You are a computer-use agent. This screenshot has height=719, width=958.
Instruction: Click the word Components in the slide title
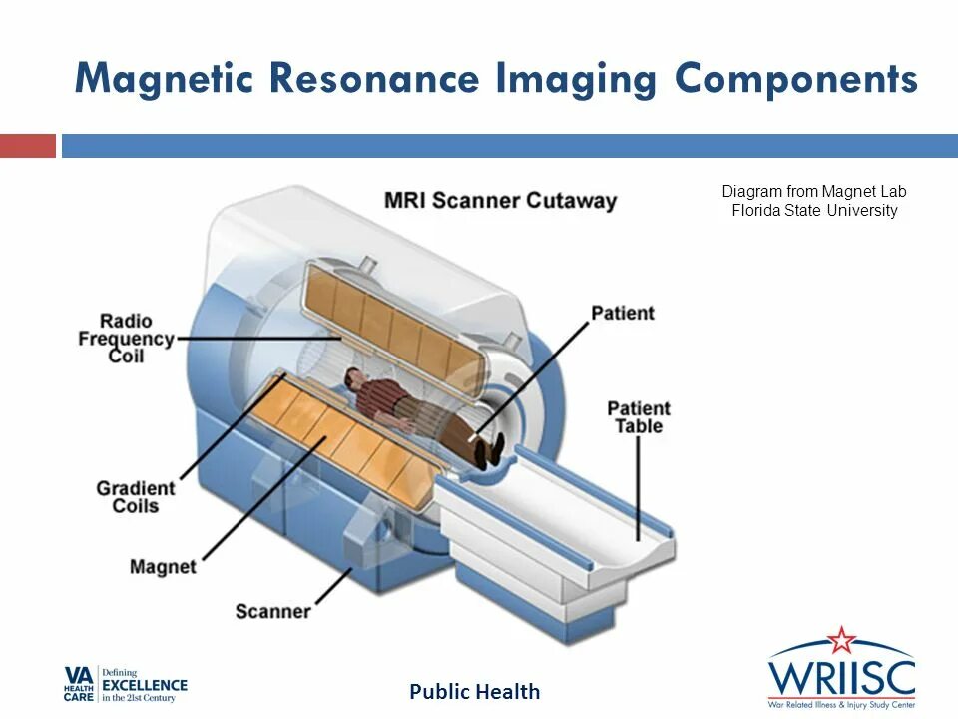coord(795,79)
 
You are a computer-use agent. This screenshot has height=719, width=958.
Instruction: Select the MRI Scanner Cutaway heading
coord(500,200)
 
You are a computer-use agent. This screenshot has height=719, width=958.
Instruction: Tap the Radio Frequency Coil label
coord(126,338)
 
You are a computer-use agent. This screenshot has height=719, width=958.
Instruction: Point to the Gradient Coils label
coord(136,497)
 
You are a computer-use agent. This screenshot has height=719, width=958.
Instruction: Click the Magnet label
coord(163,567)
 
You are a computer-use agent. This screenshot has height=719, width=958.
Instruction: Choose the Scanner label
coord(272,610)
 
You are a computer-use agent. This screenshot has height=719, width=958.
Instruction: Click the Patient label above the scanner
coord(623,313)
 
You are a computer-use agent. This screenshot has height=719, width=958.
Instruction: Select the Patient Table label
coord(639,418)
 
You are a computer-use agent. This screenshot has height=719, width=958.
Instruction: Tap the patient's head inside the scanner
coord(353,376)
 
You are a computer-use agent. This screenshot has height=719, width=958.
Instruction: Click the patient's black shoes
coord(488,450)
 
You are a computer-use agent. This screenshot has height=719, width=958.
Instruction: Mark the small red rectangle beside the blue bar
coord(27,146)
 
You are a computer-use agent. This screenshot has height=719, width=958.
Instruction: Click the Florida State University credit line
coord(814,211)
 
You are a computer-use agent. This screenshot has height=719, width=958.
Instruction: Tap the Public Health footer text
coord(475,691)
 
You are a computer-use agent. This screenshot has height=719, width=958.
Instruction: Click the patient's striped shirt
coord(384,398)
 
